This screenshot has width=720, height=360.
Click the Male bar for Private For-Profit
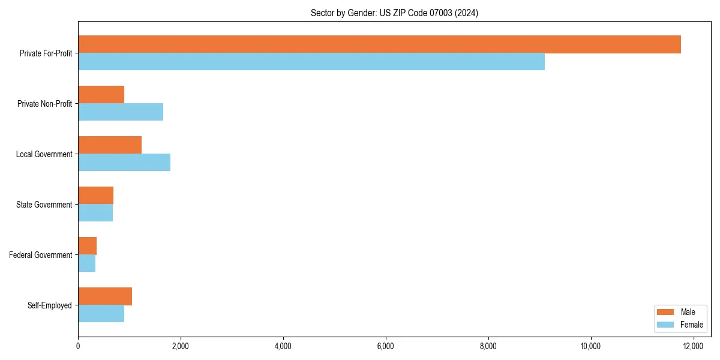[x=379, y=44]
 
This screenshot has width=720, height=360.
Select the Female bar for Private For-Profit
[x=311, y=62]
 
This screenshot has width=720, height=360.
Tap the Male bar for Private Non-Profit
[x=101, y=95]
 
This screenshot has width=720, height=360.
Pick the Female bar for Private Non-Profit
[x=121, y=112]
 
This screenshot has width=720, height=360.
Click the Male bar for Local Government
[x=110, y=145]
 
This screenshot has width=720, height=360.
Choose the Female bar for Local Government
[x=124, y=163]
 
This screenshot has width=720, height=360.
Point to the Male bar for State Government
[x=95, y=196]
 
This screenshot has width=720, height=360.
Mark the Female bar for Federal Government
[x=86, y=263]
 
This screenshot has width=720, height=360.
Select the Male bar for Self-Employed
[x=105, y=296]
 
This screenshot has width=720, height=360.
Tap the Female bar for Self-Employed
[x=101, y=314]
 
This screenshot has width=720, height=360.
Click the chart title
[x=394, y=13]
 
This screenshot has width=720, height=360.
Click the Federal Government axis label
[x=41, y=255]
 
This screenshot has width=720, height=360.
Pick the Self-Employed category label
[x=50, y=305]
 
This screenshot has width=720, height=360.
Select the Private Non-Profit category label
[x=44, y=104]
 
